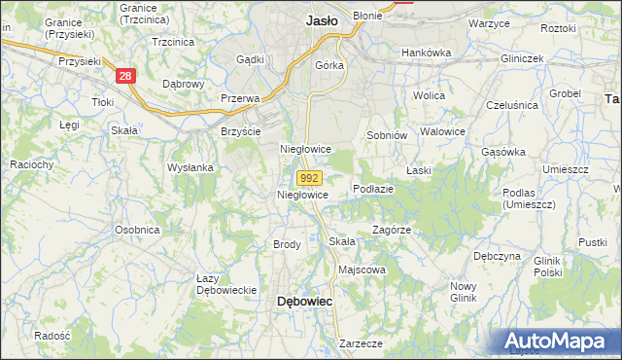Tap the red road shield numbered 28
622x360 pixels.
pyautogui.click(x=123, y=75)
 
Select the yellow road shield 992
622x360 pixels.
pyautogui.click(x=309, y=178)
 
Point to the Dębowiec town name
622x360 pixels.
pyautogui.click(x=305, y=302)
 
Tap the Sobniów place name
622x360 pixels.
pyautogui.click(x=385, y=135)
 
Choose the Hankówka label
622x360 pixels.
pyautogui.click(x=428, y=52)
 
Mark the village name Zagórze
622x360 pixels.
pyautogui.click(x=393, y=231)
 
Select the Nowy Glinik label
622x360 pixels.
pyautogui.click(x=463, y=292)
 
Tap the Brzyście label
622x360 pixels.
pyautogui.click(x=240, y=130)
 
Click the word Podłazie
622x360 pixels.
pyautogui.click(x=373, y=189)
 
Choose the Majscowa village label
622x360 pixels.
pyautogui.click(x=362, y=270)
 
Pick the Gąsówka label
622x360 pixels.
pyautogui.click(x=503, y=152)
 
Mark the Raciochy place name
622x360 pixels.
pyautogui.click(x=31, y=165)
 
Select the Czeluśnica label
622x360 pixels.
pyautogui.click(x=511, y=104)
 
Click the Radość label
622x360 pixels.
pyautogui.click(x=52, y=335)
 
